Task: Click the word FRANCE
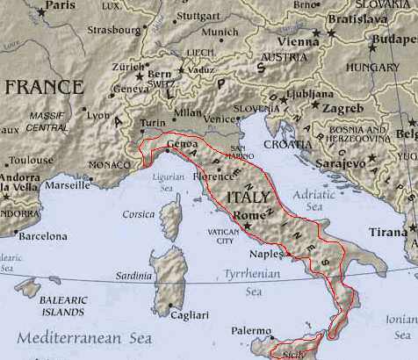[x=44, y=87]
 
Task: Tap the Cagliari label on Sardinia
[x=190, y=315]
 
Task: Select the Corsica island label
[x=138, y=214]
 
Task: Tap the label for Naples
[x=267, y=254]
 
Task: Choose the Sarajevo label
[x=333, y=164]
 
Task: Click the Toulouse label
[x=32, y=161]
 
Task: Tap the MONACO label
[x=110, y=164]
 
